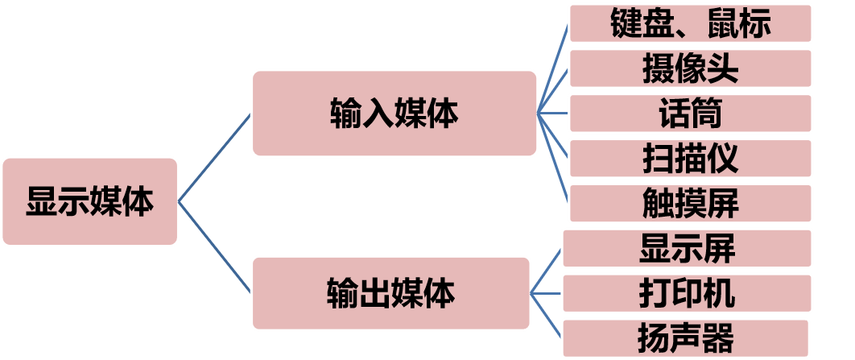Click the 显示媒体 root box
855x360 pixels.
(x=89, y=201)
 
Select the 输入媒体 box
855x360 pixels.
(x=394, y=113)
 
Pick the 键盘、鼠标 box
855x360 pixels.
(x=690, y=23)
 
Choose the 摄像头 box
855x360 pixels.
(x=690, y=68)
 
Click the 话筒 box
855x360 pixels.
(x=690, y=113)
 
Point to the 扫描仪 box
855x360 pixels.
(x=690, y=158)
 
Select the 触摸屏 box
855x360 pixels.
(x=690, y=203)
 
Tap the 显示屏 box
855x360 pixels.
(x=687, y=248)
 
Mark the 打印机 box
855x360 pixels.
(x=687, y=293)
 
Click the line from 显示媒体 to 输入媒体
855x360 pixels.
(x=214, y=158)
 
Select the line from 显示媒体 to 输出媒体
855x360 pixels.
(x=214, y=246)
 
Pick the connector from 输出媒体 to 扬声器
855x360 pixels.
(x=546, y=314)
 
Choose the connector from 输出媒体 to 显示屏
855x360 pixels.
(x=546, y=270)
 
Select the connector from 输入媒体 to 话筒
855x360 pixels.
(x=553, y=113)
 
